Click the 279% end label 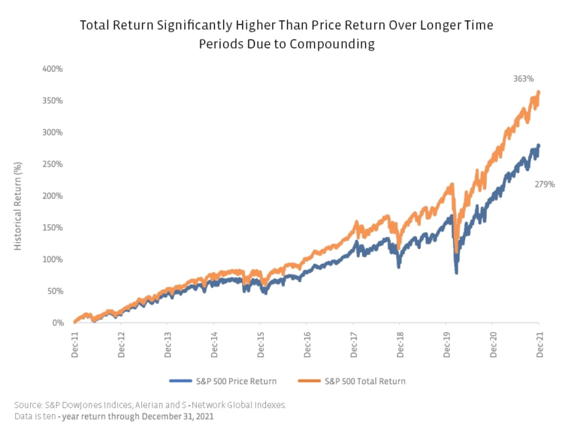544,184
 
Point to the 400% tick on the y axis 53,69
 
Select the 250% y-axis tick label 53,164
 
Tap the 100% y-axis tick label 53,259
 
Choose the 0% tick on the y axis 58,323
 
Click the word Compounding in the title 337,43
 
